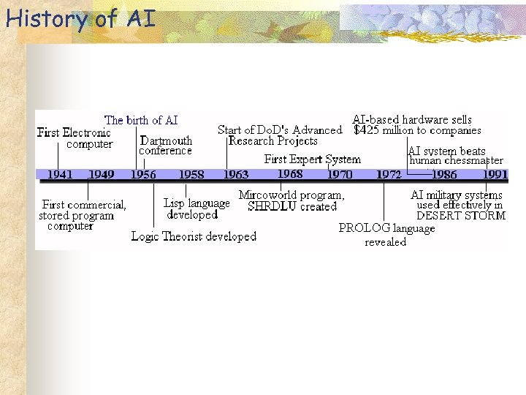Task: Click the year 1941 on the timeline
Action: [59, 175]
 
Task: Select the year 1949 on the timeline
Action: [101, 175]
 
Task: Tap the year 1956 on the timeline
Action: [143, 175]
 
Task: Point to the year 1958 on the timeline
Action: [191, 175]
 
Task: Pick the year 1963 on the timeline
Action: [235, 175]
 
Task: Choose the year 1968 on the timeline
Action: [290, 174]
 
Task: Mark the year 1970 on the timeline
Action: [339, 175]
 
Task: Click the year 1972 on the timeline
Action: [388, 175]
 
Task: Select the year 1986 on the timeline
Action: [444, 175]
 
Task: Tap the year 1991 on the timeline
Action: [495, 175]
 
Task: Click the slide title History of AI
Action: [80, 18]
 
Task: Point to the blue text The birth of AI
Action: [141, 120]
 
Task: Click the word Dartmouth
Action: [166, 140]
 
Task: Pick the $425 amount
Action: [368, 130]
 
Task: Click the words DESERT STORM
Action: [461, 216]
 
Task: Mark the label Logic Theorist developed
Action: [194, 236]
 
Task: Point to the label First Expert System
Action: [313, 159]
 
